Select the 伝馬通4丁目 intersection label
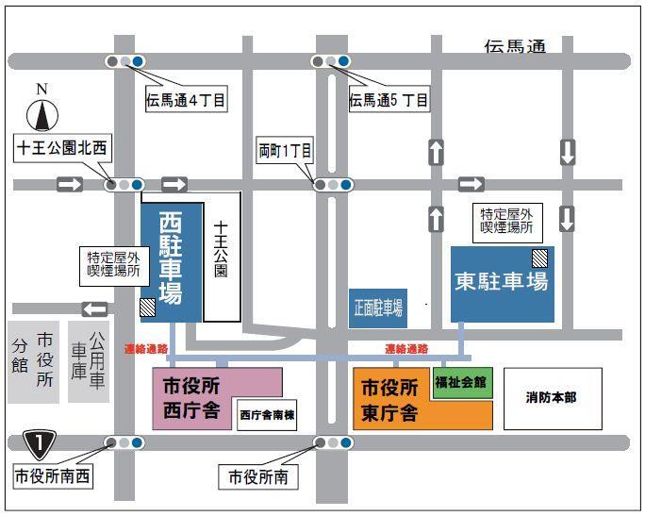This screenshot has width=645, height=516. tap(186, 98)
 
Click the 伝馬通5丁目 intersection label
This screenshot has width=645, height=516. tap(389, 98)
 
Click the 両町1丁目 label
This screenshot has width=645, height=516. tap(285, 149)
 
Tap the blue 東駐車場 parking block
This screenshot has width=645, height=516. tap(502, 283)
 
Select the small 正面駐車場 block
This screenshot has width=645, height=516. tap(377, 308)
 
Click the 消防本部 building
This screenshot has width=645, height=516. tap(551, 397)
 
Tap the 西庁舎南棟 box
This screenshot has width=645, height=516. tap(268, 414)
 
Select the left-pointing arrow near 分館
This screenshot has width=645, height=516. tap(94, 308)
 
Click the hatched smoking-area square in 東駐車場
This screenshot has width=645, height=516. tap(538, 257)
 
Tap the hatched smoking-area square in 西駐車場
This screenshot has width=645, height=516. tap(148, 307)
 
